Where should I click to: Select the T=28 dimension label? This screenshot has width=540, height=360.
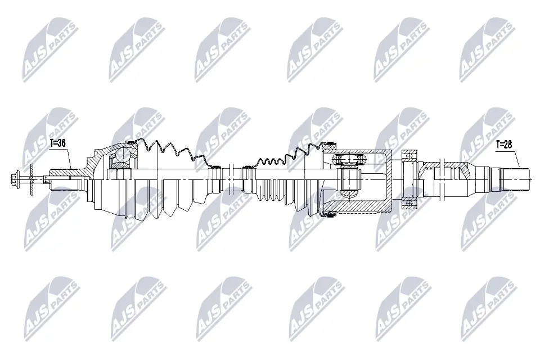pos(505,145)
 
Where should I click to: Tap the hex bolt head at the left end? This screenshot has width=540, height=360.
pos(15,181)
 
